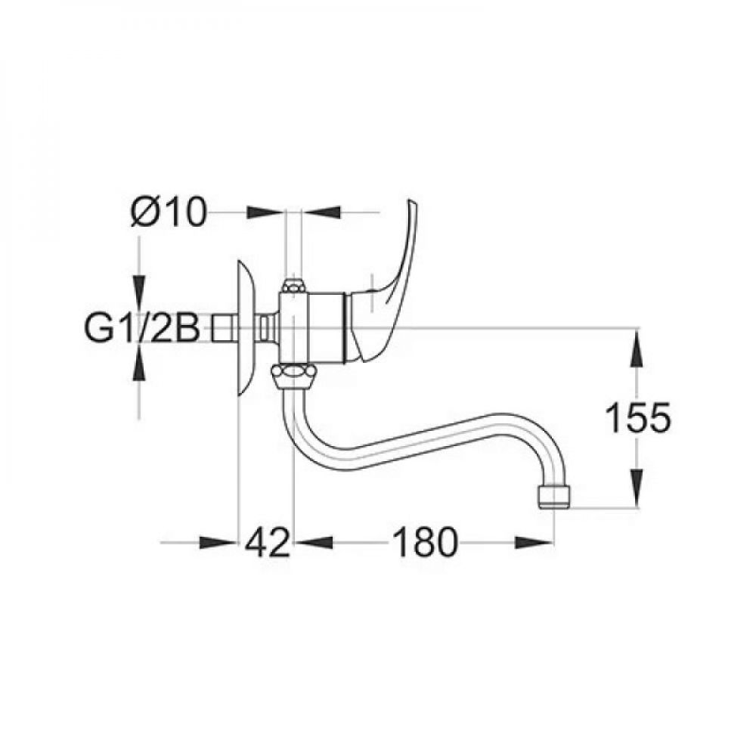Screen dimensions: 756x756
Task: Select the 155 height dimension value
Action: click(x=639, y=417)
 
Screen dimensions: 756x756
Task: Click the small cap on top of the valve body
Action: click(x=293, y=287)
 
